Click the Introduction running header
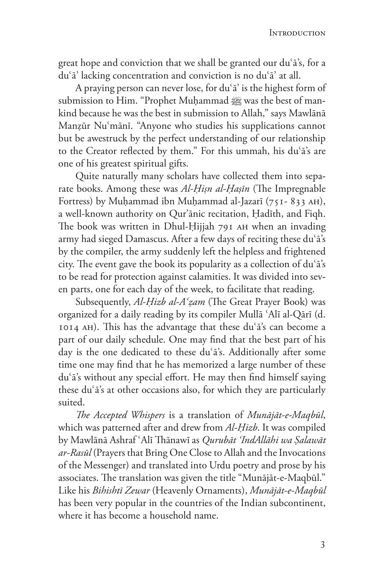[x=297, y=33]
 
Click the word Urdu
[x=201, y=465]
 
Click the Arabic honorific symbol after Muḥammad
[x=236, y=101]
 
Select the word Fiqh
[x=314, y=214]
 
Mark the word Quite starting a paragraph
[x=86, y=176]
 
